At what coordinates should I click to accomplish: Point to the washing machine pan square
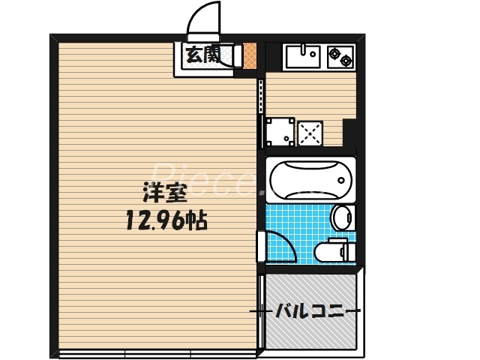point(279,133)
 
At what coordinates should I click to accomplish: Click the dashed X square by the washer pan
point(310,133)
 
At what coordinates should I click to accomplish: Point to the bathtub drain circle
point(342,180)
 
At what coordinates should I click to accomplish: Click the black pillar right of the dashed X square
point(349,134)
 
